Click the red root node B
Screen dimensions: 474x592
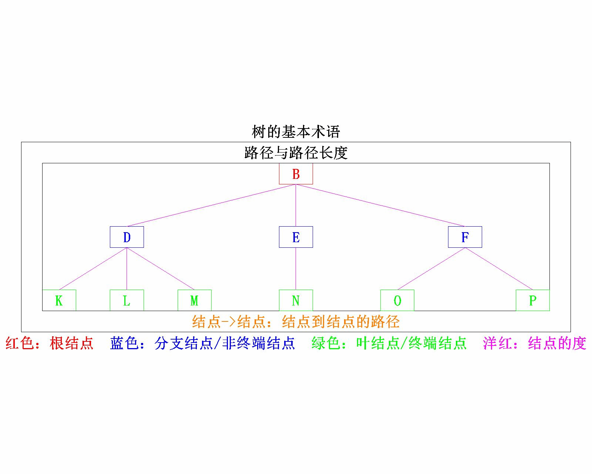(x=296, y=174)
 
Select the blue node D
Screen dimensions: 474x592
(x=127, y=237)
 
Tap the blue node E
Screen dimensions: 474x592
(x=296, y=237)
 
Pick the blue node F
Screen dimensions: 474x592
(x=465, y=237)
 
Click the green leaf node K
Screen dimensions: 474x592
(x=59, y=300)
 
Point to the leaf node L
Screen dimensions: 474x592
(x=127, y=300)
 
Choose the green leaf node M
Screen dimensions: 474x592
(x=194, y=300)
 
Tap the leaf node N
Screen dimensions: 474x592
(x=296, y=300)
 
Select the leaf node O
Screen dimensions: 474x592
(x=397, y=300)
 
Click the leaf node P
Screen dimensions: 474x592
(x=532, y=300)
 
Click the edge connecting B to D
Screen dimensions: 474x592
(x=211, y=205)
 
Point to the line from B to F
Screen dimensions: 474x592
(x=380, y=205)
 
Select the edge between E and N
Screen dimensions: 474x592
(x=296, y=268)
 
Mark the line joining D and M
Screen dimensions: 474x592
(x=161, y=268)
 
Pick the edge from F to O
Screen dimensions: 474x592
(x=431, y=268)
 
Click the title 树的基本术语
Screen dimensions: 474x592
(x=296, y=132)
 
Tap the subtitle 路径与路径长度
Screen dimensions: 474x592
(x=296, y=153)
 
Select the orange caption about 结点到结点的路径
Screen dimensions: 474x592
(x=296, y=321)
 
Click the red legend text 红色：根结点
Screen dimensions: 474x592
(x=50, y=343)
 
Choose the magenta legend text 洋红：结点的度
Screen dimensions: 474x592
(x=534, y=343)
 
